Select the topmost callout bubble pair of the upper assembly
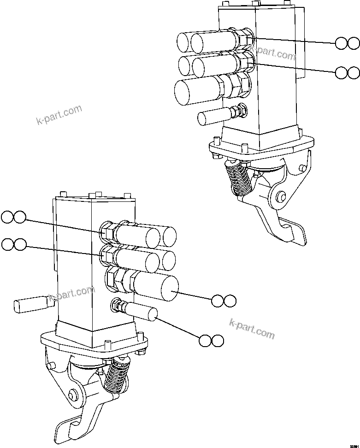[347, 43]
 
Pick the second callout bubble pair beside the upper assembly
[347, 72]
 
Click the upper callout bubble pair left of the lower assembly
[13, 217]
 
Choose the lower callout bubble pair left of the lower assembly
[13, 244]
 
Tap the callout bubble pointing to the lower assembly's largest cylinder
[224, 301]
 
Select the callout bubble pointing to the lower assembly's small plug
[212, 341]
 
